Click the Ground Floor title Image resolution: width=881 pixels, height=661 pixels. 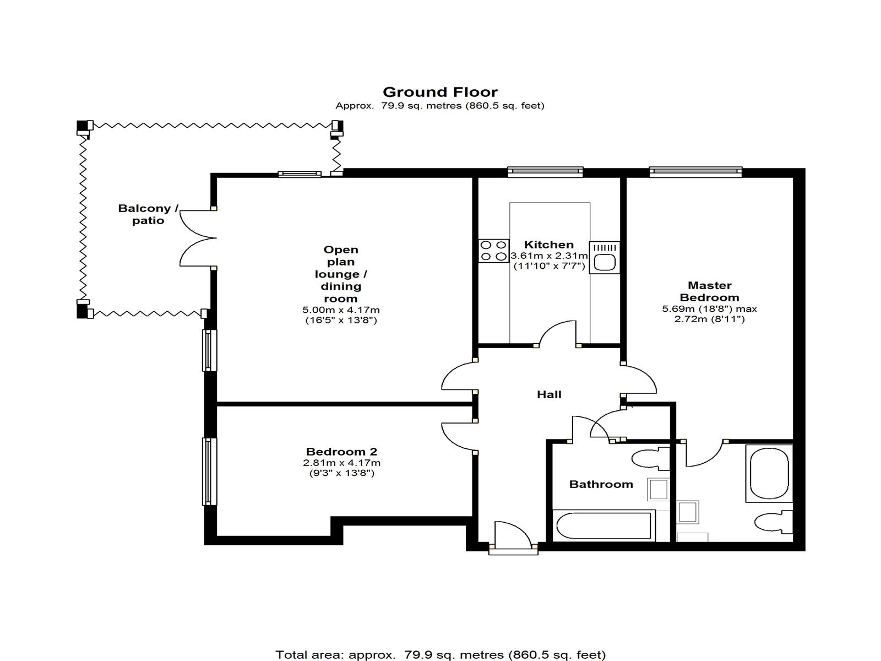coord(440,93)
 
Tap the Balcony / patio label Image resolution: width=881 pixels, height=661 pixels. coord(148,214)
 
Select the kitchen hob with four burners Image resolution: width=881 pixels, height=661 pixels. coord(494,251)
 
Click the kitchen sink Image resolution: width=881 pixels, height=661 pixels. coord(605,257)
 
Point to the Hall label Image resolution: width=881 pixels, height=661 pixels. coord(549,394)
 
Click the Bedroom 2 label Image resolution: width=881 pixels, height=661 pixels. coord(341,452)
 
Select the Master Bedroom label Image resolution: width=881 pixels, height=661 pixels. coord(710,291)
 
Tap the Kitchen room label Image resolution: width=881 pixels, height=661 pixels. coord(548,245)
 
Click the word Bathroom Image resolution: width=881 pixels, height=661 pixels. coord(601,484)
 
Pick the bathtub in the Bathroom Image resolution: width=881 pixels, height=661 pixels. coord(603,525)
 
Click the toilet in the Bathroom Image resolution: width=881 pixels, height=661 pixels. coord(651,458)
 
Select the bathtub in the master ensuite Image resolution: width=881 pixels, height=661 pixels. coord(769,473)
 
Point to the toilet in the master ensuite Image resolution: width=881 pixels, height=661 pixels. coord(774,522)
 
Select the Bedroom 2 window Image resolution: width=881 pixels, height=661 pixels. coord(209,471)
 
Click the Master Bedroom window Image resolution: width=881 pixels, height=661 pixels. coord(695,172)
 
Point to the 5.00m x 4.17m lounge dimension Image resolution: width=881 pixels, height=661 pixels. coord(341,310)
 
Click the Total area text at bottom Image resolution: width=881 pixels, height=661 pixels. coord(440,655)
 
